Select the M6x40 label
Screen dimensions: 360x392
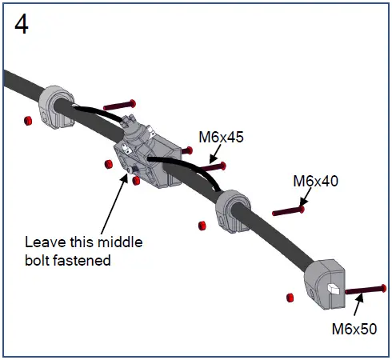click(314, 181)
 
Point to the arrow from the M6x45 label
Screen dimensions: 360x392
click(210, 157)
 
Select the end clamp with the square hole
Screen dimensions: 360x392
click(325, 281)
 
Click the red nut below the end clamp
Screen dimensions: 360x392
click(289, 298)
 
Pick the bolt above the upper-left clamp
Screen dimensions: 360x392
click(120, 104)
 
